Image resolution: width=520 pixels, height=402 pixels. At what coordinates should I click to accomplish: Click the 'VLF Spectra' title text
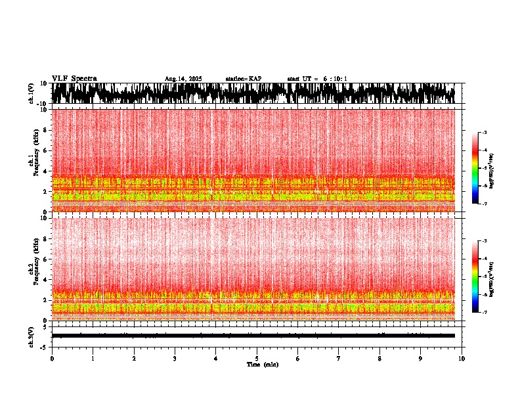pos(74,78)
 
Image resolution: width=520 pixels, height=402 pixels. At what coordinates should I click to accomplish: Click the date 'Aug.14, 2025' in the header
pos(183,79)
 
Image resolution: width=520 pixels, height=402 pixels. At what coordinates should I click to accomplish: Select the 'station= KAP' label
pos(243,79)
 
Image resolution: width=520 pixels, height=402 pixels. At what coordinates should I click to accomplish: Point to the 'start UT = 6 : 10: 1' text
pos(317,79)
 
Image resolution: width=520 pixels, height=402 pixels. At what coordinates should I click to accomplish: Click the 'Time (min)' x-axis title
pos(262,364)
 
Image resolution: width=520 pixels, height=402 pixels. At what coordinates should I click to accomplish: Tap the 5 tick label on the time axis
pos(257,358)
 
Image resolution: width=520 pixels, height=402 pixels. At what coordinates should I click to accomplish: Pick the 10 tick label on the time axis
pos(462,358)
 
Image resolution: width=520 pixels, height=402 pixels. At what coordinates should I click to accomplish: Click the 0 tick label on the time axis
pos(52,358)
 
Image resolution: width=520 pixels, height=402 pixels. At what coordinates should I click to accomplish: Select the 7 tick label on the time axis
pos(339,358)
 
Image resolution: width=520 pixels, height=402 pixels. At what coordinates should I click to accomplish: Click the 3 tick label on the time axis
pos(175,358)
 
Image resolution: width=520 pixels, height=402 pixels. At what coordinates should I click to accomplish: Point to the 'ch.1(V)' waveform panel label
pos(31,93)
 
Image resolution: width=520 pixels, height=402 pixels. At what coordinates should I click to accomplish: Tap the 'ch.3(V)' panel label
pos(31,335)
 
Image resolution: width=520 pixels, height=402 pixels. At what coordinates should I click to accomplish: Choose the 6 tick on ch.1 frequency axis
pos(46,150)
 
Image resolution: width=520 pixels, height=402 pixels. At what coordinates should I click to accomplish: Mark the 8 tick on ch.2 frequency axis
pos(46,238)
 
